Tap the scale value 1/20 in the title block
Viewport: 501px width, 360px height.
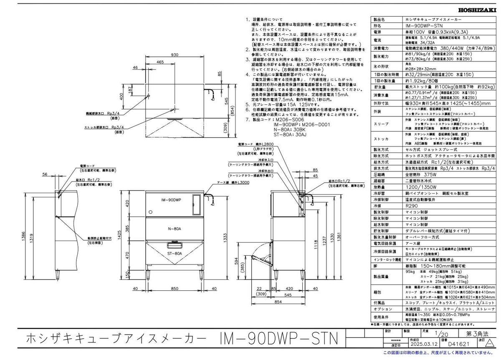tap(438, 334)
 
